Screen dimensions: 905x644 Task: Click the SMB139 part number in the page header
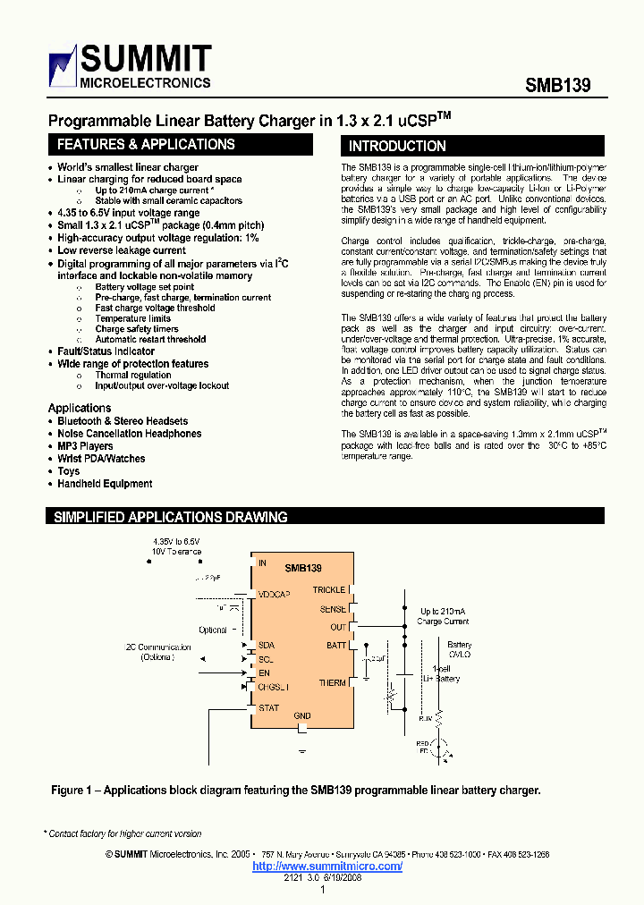[556, 85]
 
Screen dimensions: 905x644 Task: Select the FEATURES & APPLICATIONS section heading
[146, 145]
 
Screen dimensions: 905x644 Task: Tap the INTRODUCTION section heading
[397, 146]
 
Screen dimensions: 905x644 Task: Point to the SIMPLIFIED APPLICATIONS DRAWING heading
[171, 517]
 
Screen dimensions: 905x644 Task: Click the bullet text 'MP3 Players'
[86, 446]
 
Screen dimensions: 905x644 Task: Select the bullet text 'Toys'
[69, 471]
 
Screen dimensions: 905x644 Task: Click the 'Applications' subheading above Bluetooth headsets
[80, 408]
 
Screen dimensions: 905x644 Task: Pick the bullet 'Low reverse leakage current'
[122, 251]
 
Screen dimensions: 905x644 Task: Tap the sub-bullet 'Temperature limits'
[132, 318]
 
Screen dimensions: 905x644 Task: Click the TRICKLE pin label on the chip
[328, 590]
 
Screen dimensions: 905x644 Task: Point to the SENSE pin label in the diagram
[333, 609]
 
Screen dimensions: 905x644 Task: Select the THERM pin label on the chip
[332, 683]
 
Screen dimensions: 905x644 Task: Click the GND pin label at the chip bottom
[302, 715]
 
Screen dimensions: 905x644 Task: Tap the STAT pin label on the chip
[268, 708]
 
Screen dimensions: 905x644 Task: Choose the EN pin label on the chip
[264, 672]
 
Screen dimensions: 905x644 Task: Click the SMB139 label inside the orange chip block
[303, 568]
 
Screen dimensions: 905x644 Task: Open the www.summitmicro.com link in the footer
[327, 866]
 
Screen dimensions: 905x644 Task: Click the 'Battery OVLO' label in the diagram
[460, 648]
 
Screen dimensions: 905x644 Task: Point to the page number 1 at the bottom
[321, 890]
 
